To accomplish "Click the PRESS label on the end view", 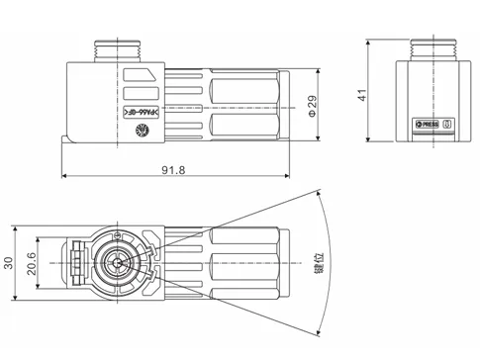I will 430,126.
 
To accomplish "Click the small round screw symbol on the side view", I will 143,129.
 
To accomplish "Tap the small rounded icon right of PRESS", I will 446,126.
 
